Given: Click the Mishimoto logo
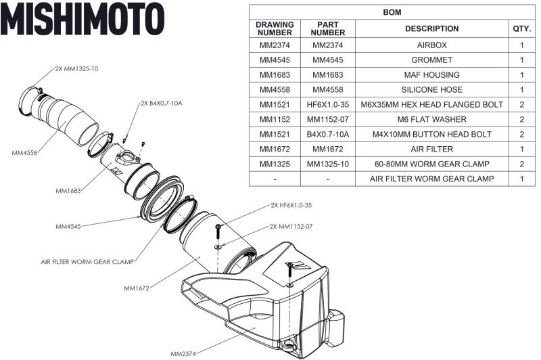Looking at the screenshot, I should coord(82,18).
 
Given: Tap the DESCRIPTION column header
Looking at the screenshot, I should coord(431,29).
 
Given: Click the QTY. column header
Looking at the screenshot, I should coord(521,29).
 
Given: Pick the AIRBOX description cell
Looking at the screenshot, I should coord(431,45).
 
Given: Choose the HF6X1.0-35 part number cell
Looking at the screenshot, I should coord(327,105).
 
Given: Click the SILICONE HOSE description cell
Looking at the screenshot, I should coord(431,90).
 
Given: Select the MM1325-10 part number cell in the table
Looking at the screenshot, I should coord(327,164).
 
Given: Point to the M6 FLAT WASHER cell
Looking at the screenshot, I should coord(431,120).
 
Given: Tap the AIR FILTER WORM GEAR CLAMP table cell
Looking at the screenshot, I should coord(431,179).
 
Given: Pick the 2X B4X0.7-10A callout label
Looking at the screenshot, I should coord(162,104).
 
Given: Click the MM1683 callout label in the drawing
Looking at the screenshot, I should coord(68,190).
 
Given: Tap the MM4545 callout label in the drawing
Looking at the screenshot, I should coord(68,226).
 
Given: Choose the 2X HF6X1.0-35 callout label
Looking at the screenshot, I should coord(291,204).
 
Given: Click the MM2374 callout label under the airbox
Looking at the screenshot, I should coord(183,353).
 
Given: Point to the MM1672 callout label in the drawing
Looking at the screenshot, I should coord(137,288).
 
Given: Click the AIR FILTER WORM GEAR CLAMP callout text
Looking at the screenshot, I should coord(87,259).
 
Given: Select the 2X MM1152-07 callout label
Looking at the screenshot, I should coord(291,226).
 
